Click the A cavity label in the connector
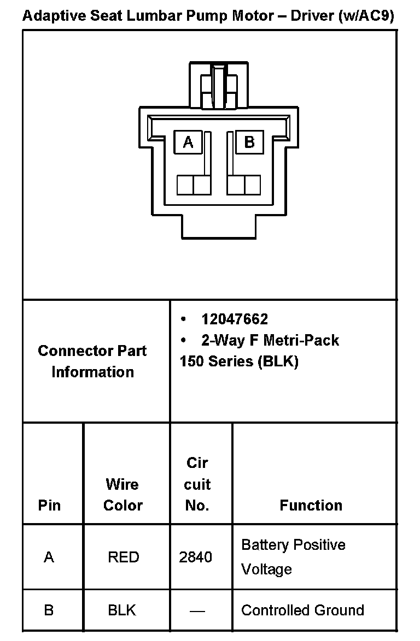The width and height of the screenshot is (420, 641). click(x=188, y=143)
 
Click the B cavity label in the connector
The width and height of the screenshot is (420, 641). click(x=249, y=143)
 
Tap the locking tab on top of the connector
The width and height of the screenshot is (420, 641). click(x=219, y=86)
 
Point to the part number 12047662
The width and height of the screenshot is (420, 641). click(x=235, y=319)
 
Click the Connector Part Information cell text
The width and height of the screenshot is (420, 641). click(x=92, y=361)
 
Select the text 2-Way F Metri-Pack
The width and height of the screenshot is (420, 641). click(x=270, y=341)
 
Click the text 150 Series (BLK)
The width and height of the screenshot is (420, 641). click(x=239, y=361)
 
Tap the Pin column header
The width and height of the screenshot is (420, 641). click(x=49, y=505)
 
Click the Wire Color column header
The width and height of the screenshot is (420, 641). click(x=122, y=495)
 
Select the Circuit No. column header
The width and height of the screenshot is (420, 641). click(x=197, y=484)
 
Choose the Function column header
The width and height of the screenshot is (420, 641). click(x=311, y=506)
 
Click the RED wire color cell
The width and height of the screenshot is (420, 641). click(x=124, y=557)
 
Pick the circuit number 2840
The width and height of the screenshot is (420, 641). click(x=196, y=557)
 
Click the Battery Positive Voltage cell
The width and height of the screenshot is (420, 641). click(x=293, y=557)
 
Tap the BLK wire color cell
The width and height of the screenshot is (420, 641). click(x=122, y=610)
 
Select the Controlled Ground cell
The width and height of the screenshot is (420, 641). click(x=302, y=610)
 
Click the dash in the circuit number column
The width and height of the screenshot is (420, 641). click(x=197, y=610)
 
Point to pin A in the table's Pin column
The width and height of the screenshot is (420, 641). click(x=49, y=557)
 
